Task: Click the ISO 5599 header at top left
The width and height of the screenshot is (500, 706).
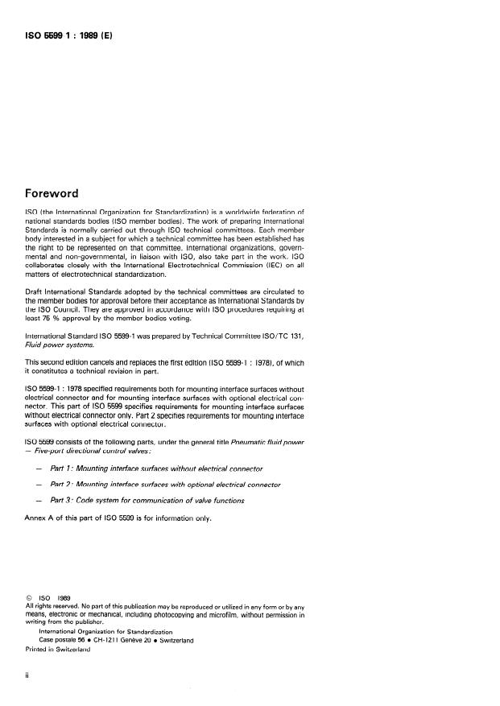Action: click(x=73, y=36)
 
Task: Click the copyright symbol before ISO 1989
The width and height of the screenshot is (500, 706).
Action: click(x=30, y=597)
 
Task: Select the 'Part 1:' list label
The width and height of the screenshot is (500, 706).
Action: click(x=66, y=469)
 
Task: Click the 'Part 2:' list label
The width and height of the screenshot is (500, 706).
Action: click(x=66, y=485)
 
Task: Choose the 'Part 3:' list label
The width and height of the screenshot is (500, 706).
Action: click(x=66, y=501)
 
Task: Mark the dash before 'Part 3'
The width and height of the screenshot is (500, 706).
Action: click(x=39, y=501)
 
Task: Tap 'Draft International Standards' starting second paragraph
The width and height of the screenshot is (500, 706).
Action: click(x=76, y=290)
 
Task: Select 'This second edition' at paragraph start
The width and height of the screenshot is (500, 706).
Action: click(x=60, y=361)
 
